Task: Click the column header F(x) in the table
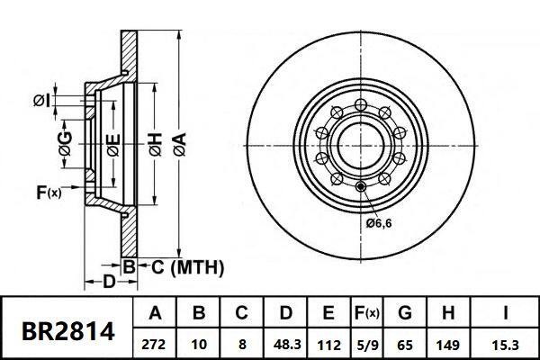point(365,314)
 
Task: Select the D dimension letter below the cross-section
point(108,283)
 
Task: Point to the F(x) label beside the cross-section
point(48,192)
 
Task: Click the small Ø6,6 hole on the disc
point(361,186)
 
